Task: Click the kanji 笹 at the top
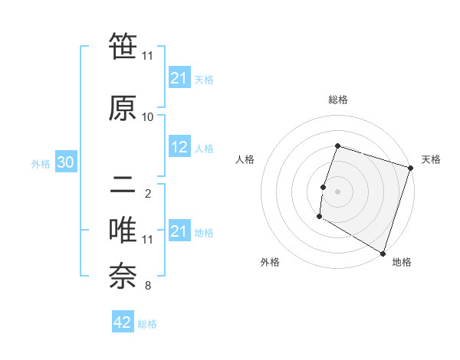point(123,47)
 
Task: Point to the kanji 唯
point(123,231)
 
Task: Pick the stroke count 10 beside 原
point(148,117)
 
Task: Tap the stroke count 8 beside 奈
point(147,286)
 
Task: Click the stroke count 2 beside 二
point(147,193)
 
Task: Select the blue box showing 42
point(123,322)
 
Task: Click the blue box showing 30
point(65,163)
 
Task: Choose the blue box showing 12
point(179,147)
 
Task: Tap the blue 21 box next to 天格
point(179,78)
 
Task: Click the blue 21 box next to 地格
point(179,231)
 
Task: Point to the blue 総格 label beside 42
point(147,324)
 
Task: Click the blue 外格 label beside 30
point(41,164)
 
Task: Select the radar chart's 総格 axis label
point(338,100)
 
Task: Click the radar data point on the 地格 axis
point(381,253)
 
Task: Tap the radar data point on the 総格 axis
point(337,146)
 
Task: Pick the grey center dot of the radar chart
point(337,191)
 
